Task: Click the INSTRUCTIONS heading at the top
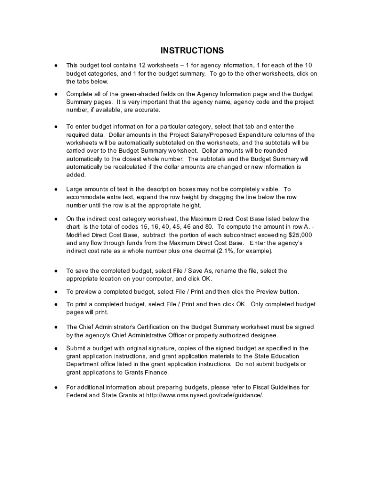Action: coord(192,51)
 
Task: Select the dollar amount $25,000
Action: coord(299,235)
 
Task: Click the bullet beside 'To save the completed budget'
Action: coord(56,271)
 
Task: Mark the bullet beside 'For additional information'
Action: coord(56,387)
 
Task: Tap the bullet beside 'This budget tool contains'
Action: coord(56,65)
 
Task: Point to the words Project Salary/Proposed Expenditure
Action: coord(226,135)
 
